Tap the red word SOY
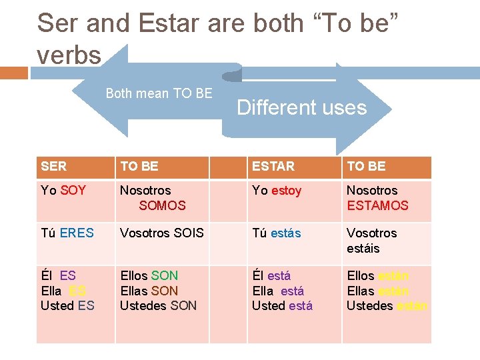73,191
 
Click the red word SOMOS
162,206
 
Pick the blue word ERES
77,233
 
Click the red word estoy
286,191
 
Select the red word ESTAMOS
377,206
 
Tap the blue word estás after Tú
285,233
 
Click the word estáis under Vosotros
363,249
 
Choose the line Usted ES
67,306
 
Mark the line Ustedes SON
158,306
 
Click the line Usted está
282,306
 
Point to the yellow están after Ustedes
412,306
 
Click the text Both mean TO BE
159,94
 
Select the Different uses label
301,108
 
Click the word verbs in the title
69,56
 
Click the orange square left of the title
14,72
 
